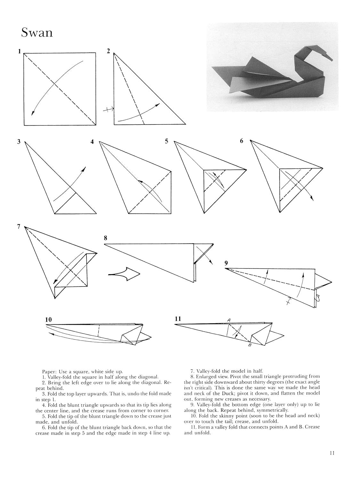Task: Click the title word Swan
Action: click(37, 32)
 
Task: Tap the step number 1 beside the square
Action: click(20, 51)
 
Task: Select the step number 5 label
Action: click(166, 141)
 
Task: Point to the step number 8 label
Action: click(106, 238)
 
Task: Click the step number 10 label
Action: click(48, 319)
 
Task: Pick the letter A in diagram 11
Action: click(229, 320)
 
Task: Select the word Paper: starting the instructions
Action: click(50, 372)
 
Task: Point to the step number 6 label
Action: click(242, 141)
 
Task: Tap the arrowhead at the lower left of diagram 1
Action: click(32, 113)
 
